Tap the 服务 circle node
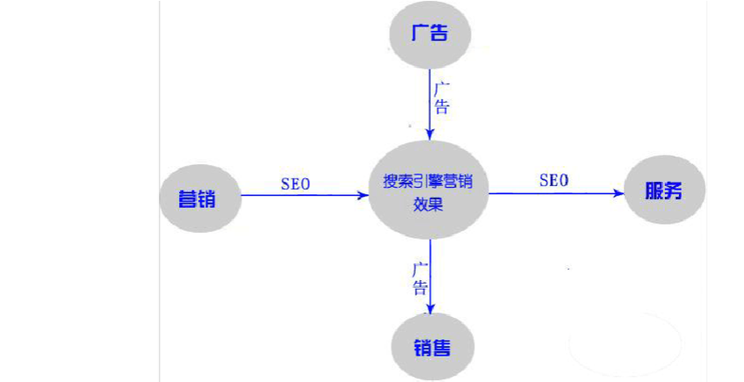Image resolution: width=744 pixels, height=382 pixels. [x=665, y=192]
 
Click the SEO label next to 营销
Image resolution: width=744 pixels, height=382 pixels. [x=296, y=184]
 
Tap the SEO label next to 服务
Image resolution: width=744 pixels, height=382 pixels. [x=554, y=180]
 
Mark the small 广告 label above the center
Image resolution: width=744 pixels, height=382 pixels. [x=442, y=97]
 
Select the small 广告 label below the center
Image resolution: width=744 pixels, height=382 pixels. [x=420, y=277]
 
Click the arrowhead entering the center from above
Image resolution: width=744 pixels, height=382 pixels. [x=430, y=134]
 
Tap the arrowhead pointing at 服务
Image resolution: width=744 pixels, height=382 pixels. [x=619, y=193]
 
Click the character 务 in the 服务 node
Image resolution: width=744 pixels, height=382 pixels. [x=674, y=192]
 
